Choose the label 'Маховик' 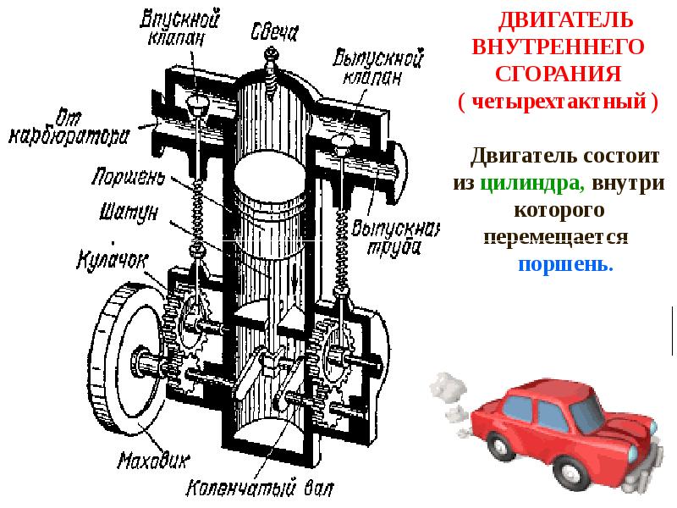click(x=153, y=460)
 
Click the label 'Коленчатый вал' click(x=254, y=489)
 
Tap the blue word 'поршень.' click(x=565, y=262)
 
